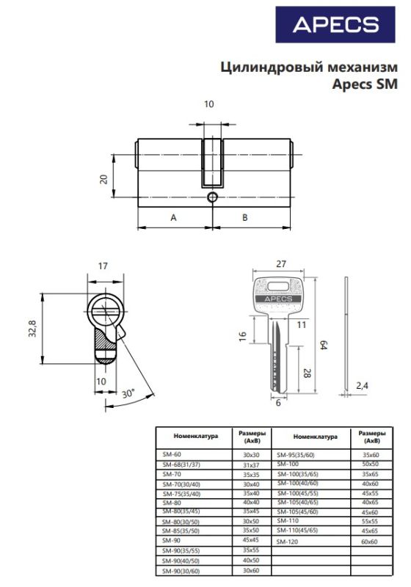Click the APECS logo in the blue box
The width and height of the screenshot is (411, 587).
[335, 25]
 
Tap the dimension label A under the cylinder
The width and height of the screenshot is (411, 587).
[173, 217]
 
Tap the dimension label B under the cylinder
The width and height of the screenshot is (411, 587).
[245, 217]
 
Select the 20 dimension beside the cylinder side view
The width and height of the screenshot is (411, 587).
[103, 179]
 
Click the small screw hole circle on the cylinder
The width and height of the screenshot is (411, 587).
[212, 197]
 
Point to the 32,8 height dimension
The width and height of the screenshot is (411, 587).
[33, 329]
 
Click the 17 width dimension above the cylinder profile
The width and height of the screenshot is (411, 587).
[103, 266]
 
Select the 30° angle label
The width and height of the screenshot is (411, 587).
[128, 394]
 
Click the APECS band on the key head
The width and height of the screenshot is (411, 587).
[278, 299]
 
